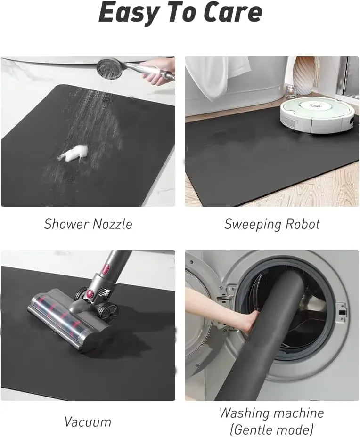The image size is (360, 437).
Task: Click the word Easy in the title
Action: click(126, 13)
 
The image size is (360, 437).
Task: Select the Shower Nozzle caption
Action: click(88, 224)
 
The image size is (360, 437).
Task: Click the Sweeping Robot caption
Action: click(272, 224)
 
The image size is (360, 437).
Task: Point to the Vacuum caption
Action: click(88, 421)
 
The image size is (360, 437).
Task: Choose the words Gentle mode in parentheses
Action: click(271, 429)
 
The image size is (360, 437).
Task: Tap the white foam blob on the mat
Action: click(73, 154)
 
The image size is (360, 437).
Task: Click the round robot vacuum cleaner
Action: click(317, 116)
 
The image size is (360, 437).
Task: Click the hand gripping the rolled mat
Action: click(248, 322)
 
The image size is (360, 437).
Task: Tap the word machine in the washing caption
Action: click(295, 413)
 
